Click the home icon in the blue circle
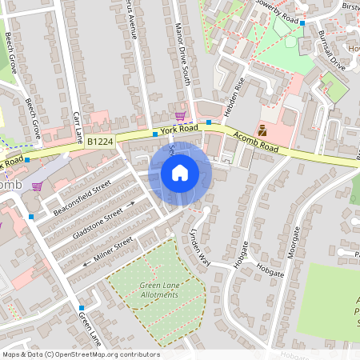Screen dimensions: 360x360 click(180, 173)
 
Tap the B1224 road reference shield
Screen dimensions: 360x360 click(100, 141)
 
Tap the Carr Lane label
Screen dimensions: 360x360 click(78, 126)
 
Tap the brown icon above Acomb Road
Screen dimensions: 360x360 click(262, 130)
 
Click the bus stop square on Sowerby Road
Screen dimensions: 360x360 click(302, 23)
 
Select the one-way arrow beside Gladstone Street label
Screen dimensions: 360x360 click(130, 206)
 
